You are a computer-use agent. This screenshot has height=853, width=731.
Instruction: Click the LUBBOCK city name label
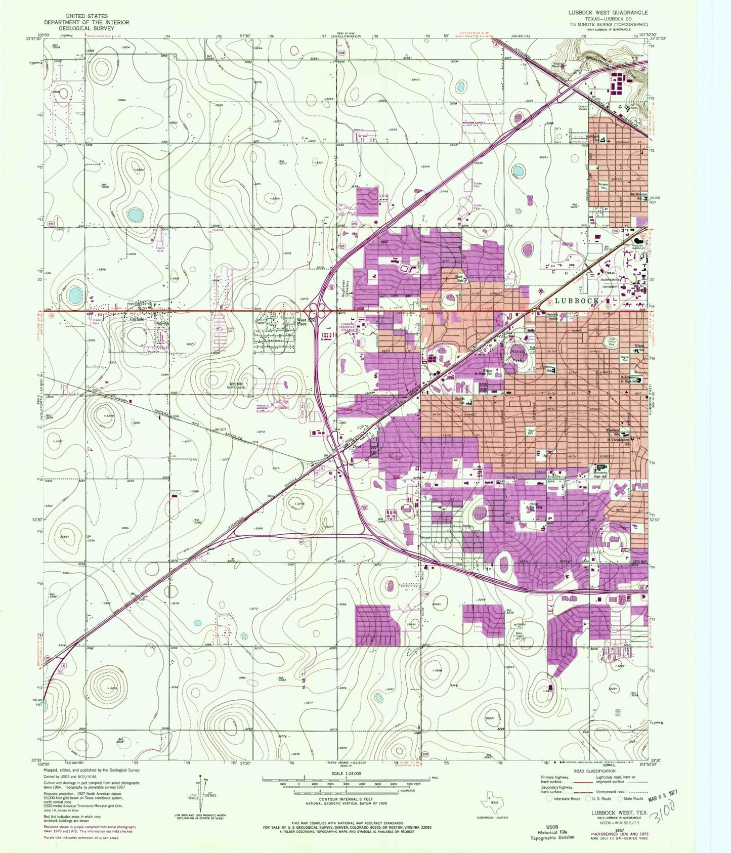point(577,301)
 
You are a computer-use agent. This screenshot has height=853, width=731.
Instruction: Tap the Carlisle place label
point(136,319)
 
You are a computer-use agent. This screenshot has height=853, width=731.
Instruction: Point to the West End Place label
point(302,322)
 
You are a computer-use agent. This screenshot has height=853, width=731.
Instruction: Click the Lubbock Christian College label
point(347,326)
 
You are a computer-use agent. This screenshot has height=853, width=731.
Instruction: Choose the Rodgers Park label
point(604,186)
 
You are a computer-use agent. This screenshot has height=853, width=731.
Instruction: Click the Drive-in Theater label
point(583,108)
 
